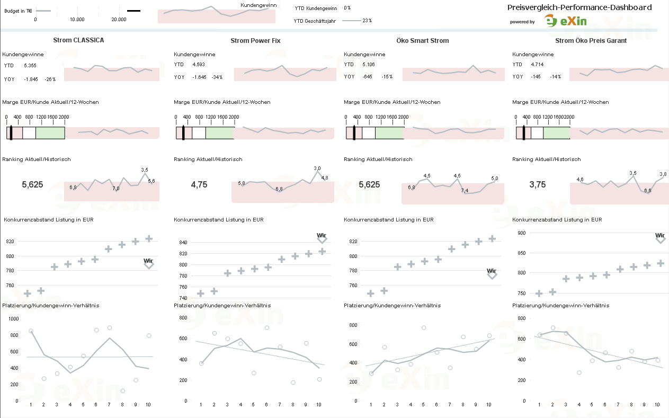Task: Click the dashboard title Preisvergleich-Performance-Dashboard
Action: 579,7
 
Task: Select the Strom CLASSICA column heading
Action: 78,40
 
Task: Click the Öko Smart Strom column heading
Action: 422,41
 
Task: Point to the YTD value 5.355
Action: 30,66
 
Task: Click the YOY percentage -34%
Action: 217,77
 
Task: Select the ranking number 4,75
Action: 199,185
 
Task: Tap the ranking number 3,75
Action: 538,185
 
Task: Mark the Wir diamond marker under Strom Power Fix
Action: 322,240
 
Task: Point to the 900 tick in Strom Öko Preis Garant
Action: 522,233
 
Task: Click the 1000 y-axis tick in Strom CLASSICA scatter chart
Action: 13,319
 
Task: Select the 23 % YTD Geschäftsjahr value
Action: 367,21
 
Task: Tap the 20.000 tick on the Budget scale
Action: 119,20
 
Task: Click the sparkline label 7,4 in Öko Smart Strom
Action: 465,191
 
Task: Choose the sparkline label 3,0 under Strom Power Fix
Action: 317,168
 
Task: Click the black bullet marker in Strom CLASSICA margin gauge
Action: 11,132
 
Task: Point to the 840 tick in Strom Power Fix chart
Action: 183,243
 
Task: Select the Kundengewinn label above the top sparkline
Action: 258,5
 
